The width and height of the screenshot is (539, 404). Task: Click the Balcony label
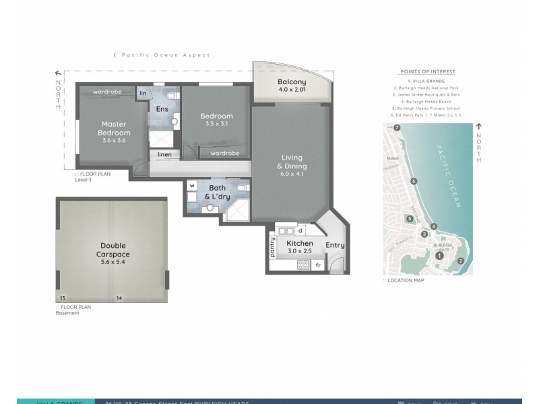tap(292, 83)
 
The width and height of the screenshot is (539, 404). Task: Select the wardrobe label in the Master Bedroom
tap(107, 92)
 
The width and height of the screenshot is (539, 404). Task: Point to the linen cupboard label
tap(164, 155)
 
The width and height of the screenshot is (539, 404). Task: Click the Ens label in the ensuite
tap(162, 109)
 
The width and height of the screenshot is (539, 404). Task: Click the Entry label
tap(335, 246)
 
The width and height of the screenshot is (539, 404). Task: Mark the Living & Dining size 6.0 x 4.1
tap(294, 174)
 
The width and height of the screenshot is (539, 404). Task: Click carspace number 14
tap(119, 298)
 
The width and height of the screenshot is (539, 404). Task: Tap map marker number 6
tap(414, 181)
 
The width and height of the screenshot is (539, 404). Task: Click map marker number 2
tap(460, 261)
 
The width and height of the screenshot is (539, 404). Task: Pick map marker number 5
tap(408, 218)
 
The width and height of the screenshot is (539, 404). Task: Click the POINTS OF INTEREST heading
tap(427, 71)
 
